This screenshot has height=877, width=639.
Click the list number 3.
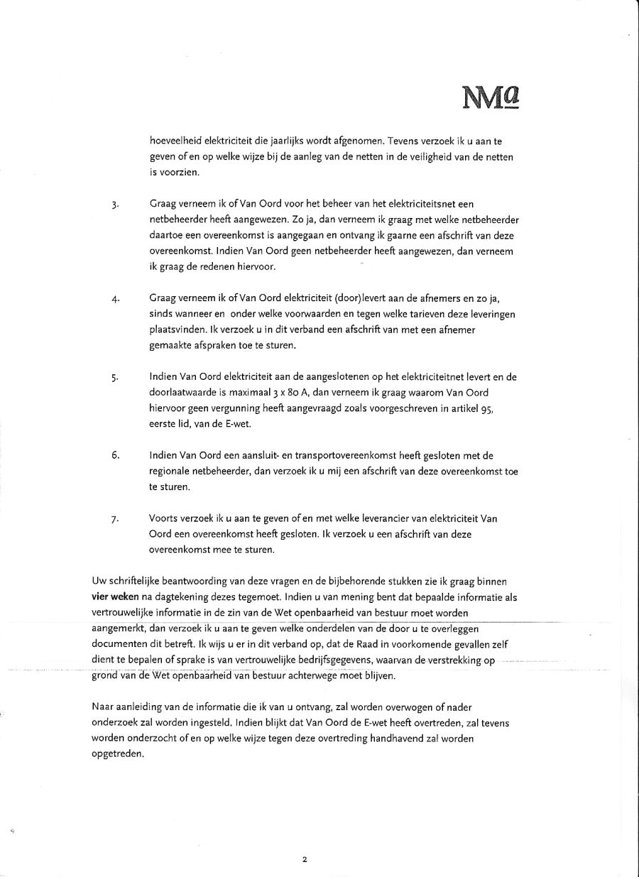[114, 206]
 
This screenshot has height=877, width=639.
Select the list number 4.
[114, 299]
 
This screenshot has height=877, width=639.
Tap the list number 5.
[114, 378]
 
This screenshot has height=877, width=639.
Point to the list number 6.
[114, 455]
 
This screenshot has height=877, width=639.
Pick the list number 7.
[114, 520]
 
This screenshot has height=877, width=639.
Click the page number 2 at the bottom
[305, 860]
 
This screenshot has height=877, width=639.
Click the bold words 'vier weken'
[116, 597]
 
